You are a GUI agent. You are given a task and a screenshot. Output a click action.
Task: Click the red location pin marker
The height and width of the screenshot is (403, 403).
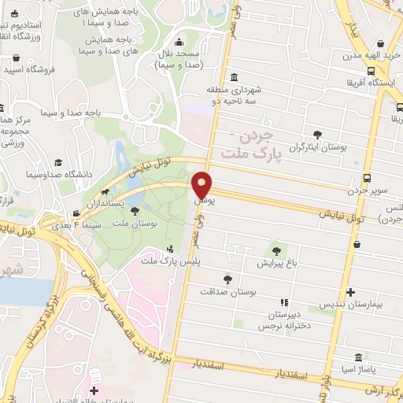[x=202, y=186]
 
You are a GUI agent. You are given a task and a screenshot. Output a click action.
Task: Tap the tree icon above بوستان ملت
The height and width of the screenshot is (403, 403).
[x=135, y=211]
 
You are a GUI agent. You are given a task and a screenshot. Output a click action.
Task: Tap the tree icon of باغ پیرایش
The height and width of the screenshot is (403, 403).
[x=275, y=251]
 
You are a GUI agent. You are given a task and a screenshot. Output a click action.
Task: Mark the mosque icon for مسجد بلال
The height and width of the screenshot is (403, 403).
[x=179, y=43]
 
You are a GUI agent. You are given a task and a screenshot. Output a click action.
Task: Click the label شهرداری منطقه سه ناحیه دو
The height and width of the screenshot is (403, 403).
[x=226, y=97]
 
